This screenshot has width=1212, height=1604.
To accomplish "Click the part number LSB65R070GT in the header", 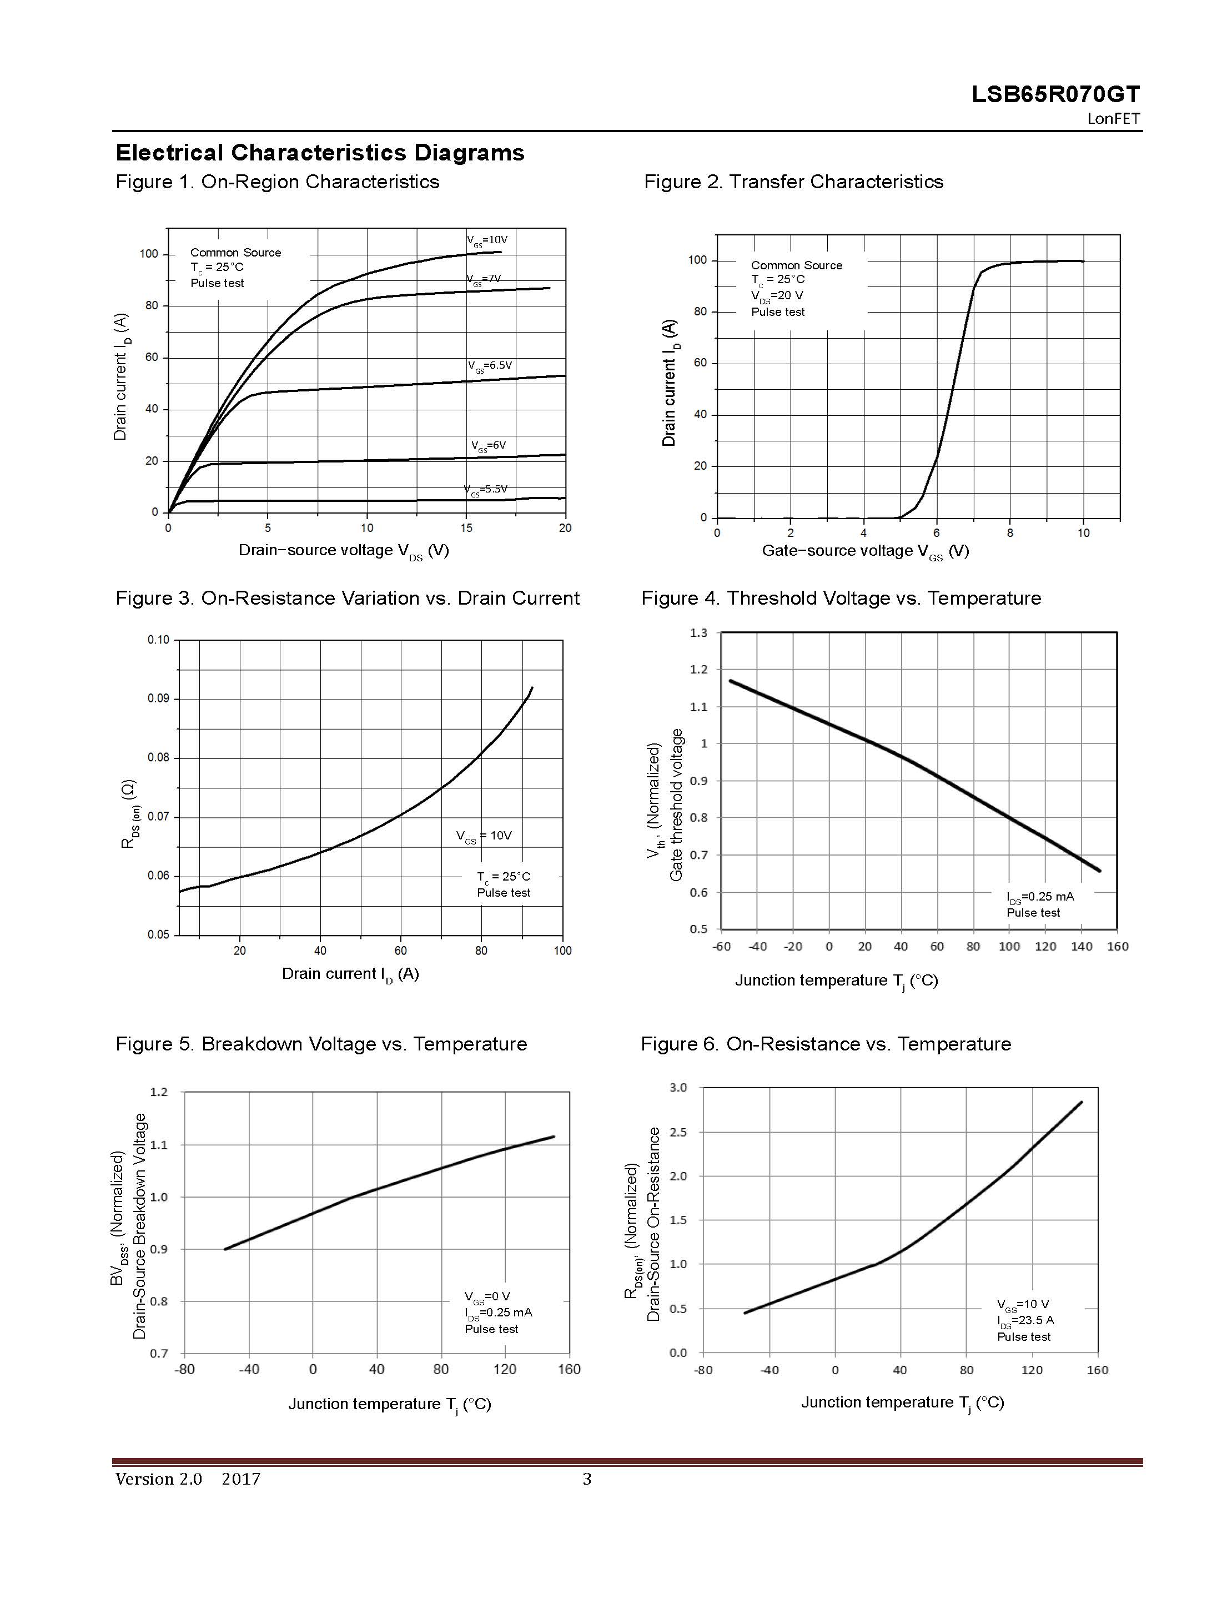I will click(x=1055, y=94).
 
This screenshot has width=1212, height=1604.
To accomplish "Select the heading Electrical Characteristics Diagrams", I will click(x=320, y=153).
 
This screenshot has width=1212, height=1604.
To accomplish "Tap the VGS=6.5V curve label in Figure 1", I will click(x=490, y=365).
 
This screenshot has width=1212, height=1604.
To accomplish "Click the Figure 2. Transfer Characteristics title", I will click(x=793, y=182).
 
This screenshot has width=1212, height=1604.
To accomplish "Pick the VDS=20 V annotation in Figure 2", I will click(x=777, y=296).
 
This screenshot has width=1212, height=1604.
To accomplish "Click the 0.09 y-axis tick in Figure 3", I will click(x=158, y=698).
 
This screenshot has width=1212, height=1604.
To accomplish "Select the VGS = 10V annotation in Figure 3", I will click(x=484, y=836).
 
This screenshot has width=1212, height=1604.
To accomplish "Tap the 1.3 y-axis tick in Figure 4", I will click(x=698, y=633).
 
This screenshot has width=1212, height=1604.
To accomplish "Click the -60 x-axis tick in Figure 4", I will click(x=722, y=946).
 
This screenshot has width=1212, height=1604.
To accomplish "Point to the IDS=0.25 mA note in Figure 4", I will click(x=1040, y=897).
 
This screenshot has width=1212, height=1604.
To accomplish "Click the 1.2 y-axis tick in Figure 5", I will click(x=158, y=1092).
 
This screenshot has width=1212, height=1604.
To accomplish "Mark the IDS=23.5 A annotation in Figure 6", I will click(x=1025, y=1320).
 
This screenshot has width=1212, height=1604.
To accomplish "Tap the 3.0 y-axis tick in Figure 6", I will click(x=678, y=1088).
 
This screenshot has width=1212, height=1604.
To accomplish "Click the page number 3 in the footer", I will click(x=587, y=1479).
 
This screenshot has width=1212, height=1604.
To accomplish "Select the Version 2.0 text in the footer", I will click(x=158, y=1479).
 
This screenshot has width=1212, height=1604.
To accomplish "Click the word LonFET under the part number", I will click(x=1113, y=119).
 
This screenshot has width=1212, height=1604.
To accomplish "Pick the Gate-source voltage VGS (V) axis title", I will click(x=866, y=551).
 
